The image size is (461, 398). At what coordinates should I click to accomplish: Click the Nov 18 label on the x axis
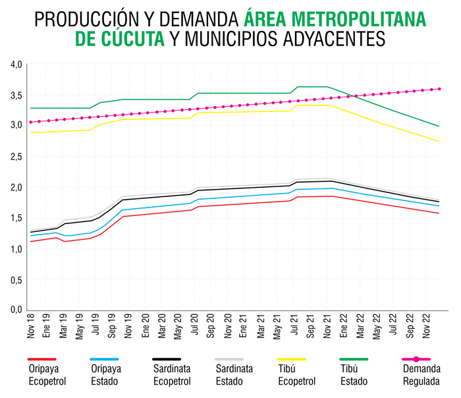pyautogui.click(x=32, y=327)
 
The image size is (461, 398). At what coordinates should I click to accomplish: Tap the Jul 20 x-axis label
pyautogui.click(x=195, y=327)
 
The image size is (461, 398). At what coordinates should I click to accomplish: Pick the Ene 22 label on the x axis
pyautogui.click(x=343, y=327)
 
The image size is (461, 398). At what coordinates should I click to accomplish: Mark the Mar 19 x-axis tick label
pyautogui.click(x=64, y=327)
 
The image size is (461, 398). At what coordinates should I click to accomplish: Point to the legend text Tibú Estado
pyautogui.click(x=354, y=375)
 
